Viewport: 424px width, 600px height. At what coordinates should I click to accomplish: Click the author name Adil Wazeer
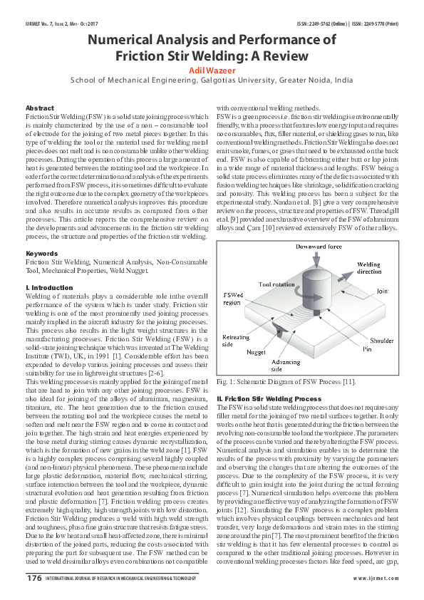[x=212, y=69]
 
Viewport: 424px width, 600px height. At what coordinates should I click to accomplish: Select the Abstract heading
[x=40, y=107]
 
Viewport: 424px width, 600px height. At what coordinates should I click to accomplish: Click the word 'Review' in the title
[x=289, y=56]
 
